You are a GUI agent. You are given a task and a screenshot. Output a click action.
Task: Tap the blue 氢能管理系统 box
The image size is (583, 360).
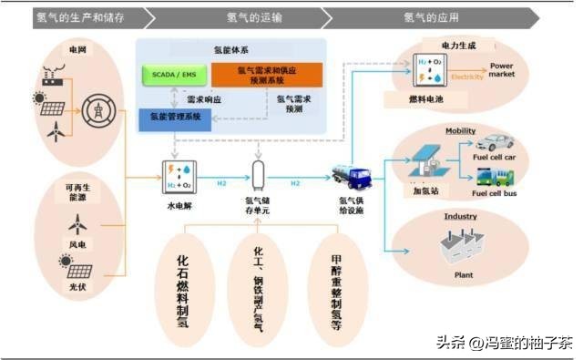point(175,117)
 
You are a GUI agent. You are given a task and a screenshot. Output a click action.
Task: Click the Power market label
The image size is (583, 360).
point(502,70)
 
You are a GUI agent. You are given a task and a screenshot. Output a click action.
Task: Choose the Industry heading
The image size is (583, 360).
point(460,217)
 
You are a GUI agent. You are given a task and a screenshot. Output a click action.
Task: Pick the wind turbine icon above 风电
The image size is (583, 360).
point(77,223)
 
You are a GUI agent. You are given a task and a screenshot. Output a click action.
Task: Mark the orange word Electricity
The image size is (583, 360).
point(467,77)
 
